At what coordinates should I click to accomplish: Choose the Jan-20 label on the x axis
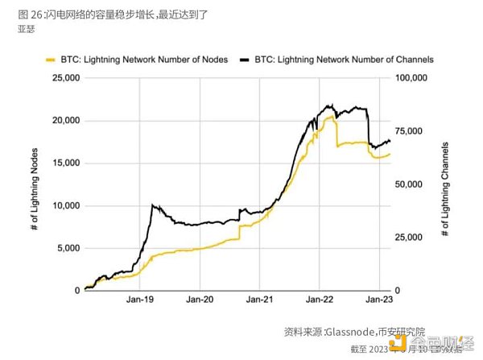200,300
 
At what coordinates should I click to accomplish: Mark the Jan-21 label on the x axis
259,300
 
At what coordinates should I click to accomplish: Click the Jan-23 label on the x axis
379,300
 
